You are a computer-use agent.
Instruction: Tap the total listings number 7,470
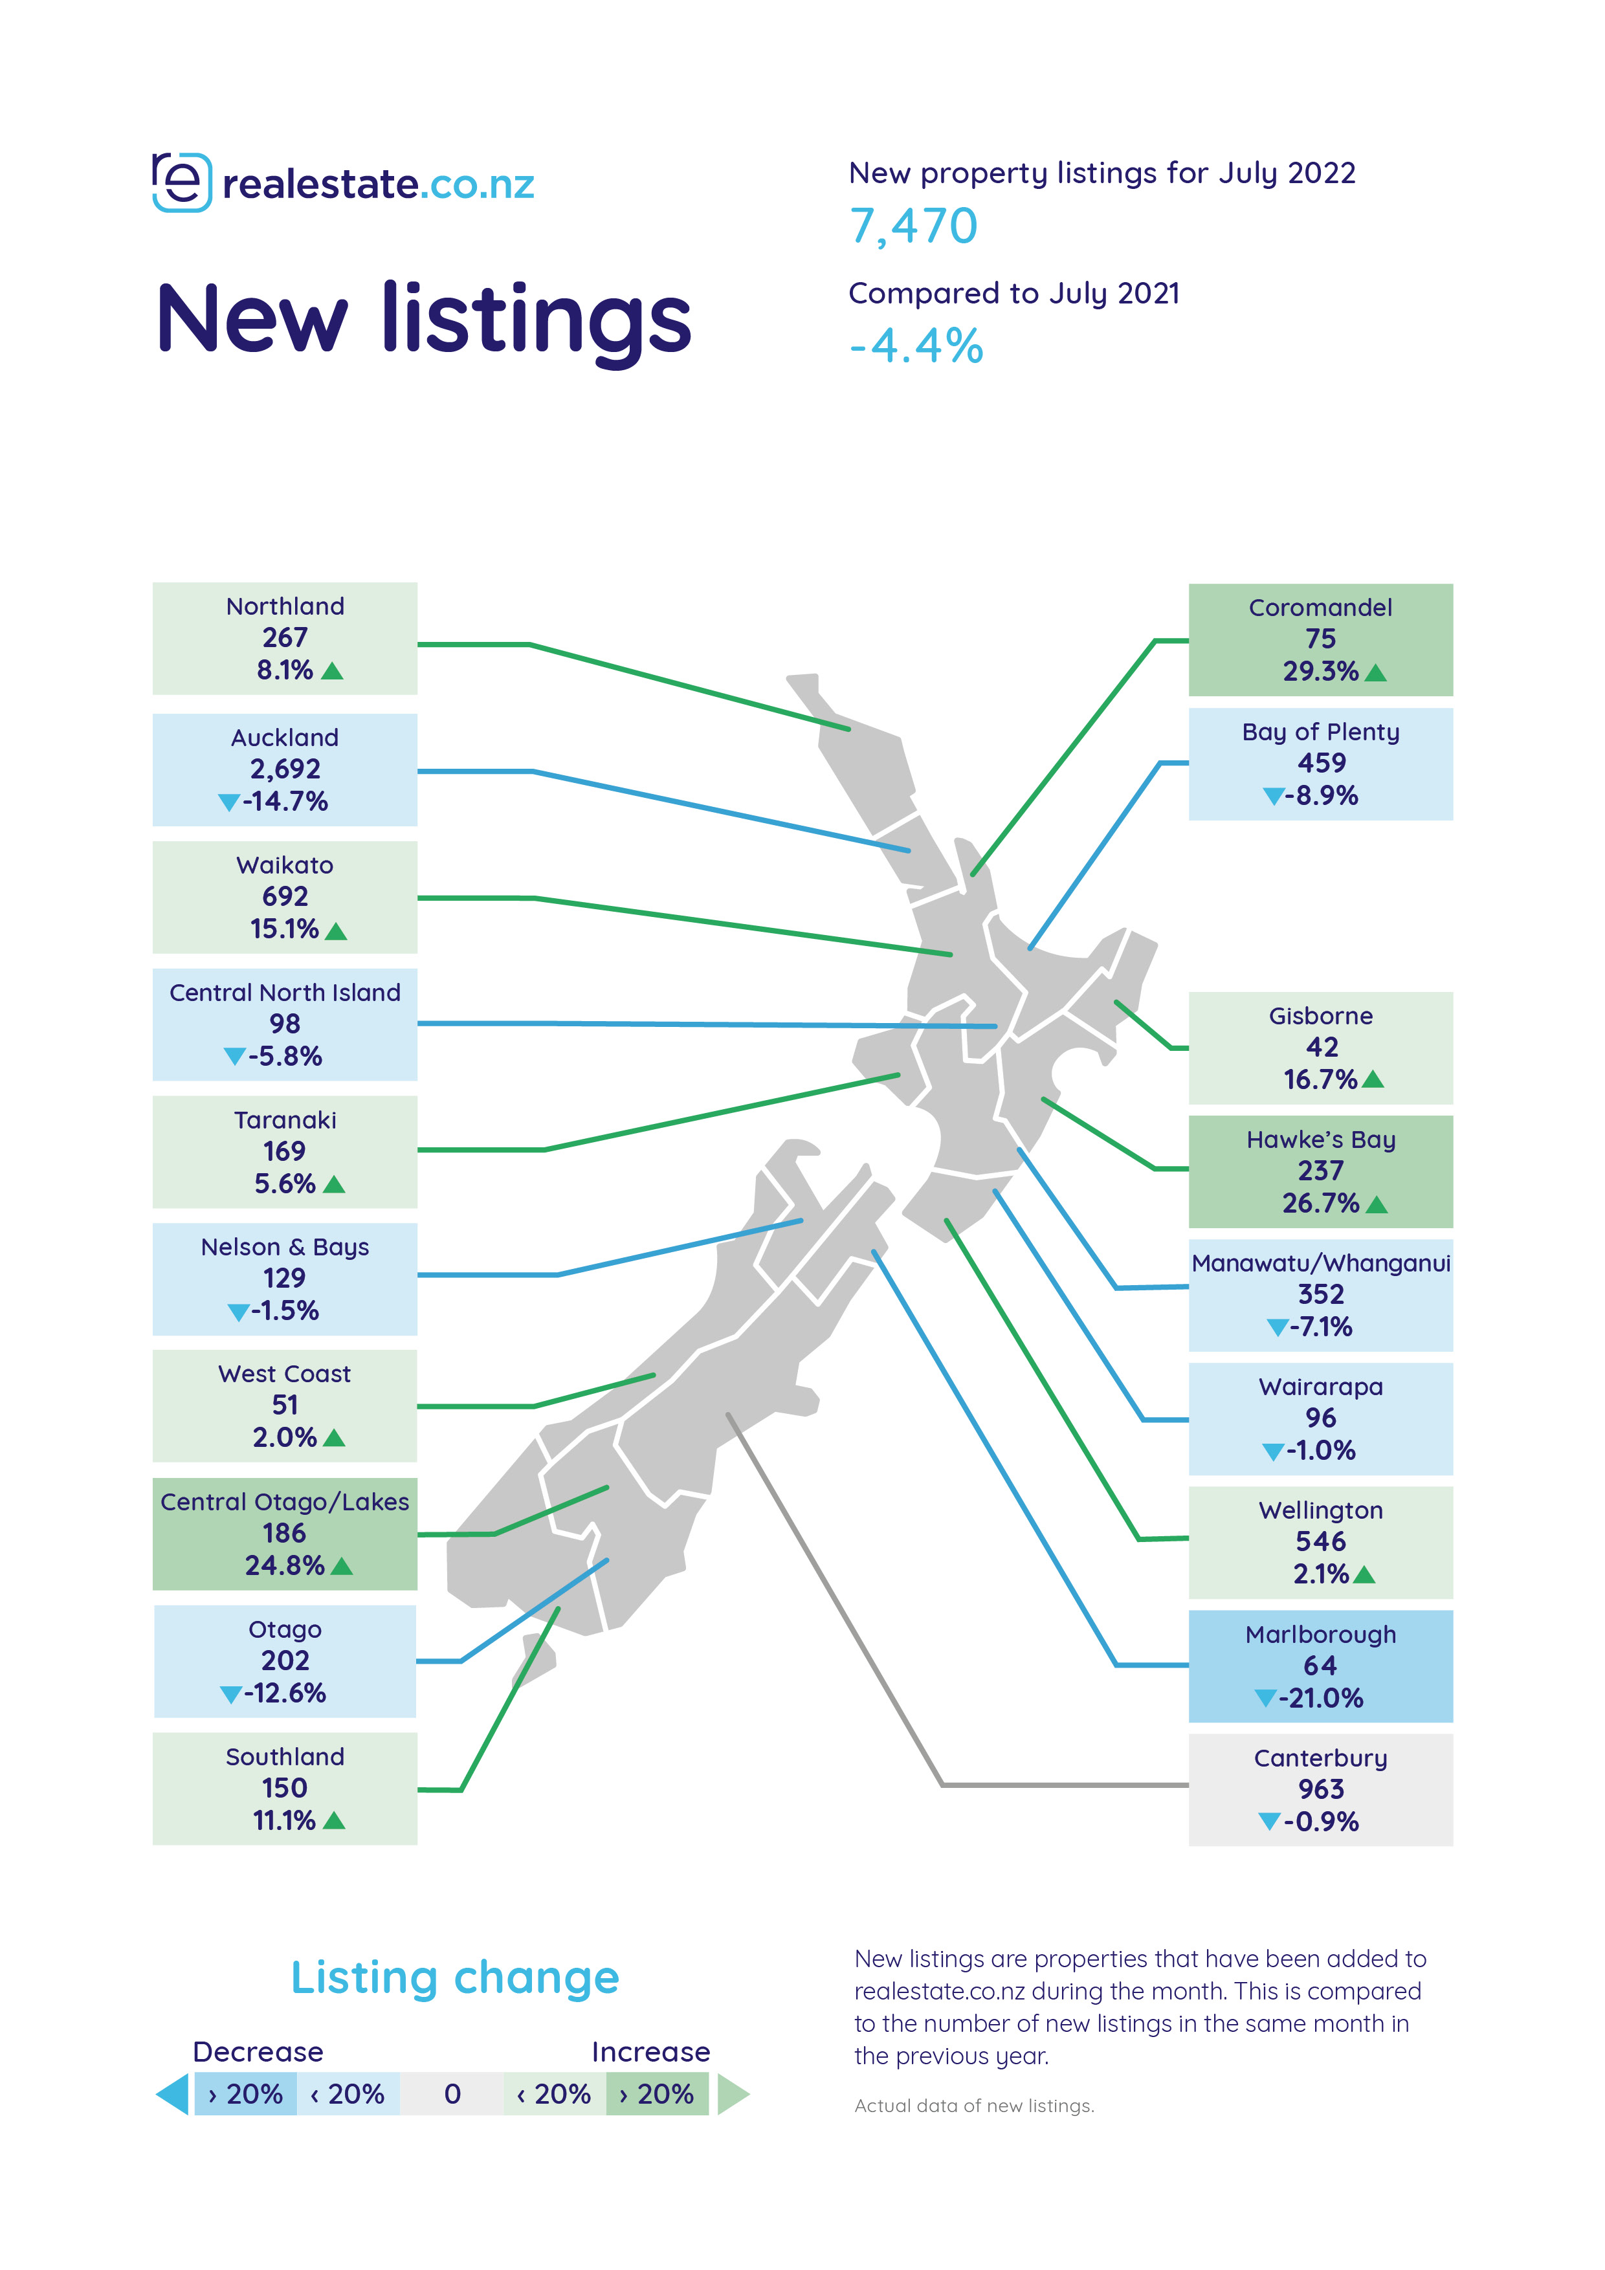coord(914,226)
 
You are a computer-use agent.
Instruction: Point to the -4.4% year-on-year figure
coord(916,346)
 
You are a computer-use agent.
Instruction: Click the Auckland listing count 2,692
coord(285,769)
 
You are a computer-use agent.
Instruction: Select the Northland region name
coord(285,606)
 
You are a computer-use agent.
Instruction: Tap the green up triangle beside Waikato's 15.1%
coord(337,931)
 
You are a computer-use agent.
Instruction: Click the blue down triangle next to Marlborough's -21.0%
coord(1265,1699)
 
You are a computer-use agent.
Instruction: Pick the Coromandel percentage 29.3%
coord(1320,671)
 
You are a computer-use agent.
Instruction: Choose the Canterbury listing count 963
coord(1320,1789)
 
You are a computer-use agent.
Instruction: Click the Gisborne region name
coord(1320,1017)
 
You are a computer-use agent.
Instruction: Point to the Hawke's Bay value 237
coord(1320,1172)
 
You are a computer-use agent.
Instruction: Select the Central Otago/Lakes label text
coord(285,1502)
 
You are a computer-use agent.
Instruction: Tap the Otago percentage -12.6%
coord(285,1693)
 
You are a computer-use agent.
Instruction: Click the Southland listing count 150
coord(285,1789)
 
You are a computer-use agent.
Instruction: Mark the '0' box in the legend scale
coord(452,2094)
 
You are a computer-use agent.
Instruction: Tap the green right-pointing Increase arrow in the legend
coord(732,2094)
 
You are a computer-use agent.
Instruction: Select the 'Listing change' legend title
coord(455,1978)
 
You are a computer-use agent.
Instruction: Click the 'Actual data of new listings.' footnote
coord(974,2106)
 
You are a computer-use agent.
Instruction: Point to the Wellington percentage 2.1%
coord(1320,1574)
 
